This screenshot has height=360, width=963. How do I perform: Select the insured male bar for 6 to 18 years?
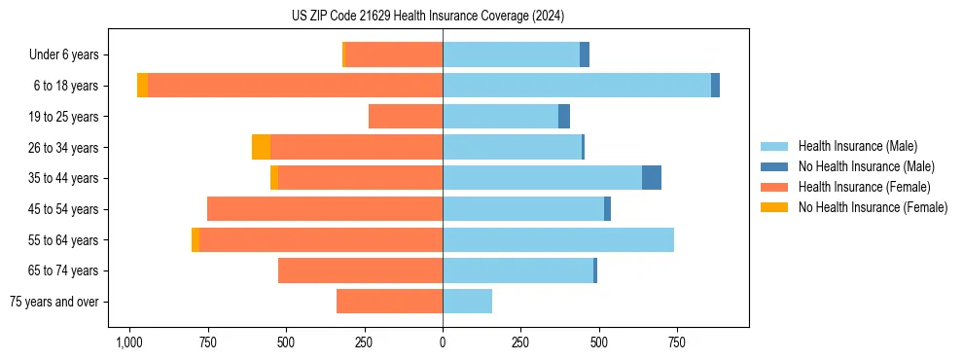(576, 86)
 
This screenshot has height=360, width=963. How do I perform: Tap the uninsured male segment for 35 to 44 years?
(652, 178)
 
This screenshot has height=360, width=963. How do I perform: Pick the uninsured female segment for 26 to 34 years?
(261, 147)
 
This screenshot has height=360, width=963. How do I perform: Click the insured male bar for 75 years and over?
(467, 302)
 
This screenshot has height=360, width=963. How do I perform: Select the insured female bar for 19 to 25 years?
(406, 117)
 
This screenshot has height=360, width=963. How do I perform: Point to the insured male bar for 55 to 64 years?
(558, 239)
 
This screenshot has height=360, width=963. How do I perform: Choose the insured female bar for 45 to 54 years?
(325, 209)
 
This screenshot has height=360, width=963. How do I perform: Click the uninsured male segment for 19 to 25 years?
(564, 117)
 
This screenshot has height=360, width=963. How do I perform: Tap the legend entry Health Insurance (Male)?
(857, 146)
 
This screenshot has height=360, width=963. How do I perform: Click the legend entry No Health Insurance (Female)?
(873, 207)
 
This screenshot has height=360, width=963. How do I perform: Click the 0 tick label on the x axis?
(443, 342)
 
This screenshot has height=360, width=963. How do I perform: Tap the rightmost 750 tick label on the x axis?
(677, 342)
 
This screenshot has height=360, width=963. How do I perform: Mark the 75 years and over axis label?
(54, 302)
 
